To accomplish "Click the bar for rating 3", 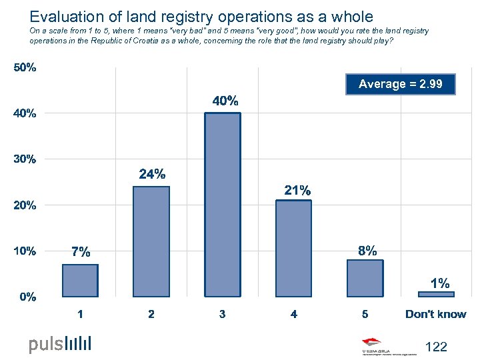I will (223, 205).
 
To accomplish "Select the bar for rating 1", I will (80, 280).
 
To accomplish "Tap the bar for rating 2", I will (151, 241).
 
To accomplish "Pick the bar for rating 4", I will (294, 247).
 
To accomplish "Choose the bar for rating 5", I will (365, 278).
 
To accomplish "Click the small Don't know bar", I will (436, 293).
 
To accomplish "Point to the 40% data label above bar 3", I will (225, 101).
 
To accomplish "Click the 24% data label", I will (152, 175).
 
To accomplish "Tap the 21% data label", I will (297, 191).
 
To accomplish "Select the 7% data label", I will (81, 252).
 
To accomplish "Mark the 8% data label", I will (367, 251).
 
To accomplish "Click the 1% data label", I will (439, 283).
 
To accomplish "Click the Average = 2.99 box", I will (401, 84).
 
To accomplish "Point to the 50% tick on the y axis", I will (26, 68).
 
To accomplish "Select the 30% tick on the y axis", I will (26, 159).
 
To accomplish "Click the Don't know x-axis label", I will (436, 314).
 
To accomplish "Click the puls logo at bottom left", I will (59, 344).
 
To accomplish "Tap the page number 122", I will (435, 347).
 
